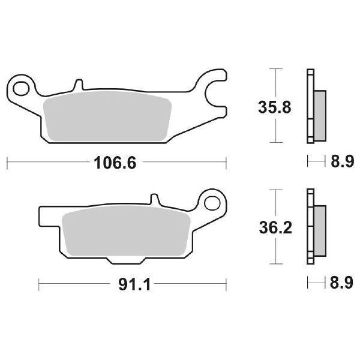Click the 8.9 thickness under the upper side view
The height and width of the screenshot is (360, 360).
(x=339, y=162)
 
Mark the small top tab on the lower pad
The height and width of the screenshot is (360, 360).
(x=155, y=199)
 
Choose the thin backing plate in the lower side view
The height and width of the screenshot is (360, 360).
(x=310, y=226)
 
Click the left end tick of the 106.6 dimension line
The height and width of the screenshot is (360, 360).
(x=6, y=163)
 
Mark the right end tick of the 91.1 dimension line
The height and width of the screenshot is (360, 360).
(x=226, y=283)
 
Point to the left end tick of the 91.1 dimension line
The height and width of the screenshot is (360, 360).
(x=39, y=283)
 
